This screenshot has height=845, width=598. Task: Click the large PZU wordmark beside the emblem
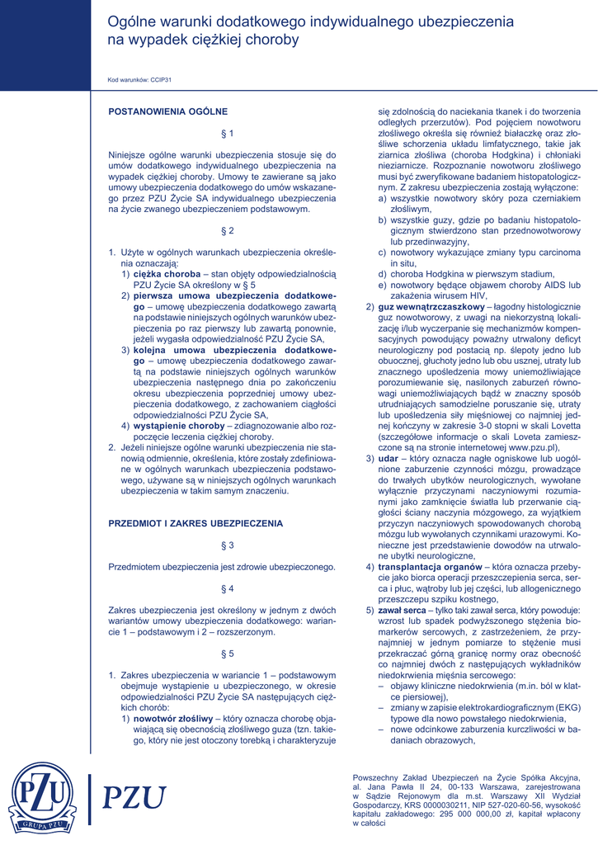pyautogui.click(x=133, y=799)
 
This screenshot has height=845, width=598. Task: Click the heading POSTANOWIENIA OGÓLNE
pyautogui.click(x=168, y=111)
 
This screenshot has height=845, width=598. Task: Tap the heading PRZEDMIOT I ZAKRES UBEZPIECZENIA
pyautogui.click(x=195, y=523)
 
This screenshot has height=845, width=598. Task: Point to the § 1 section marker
pyautogui.click(x=228, y=133)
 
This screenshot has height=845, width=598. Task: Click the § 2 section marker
pyautogui.click(x=228, y=230)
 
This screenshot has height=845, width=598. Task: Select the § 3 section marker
pyautogui.click(x=228, y=545)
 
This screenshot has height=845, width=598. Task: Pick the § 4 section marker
pyautogui.click(x=228, y=588)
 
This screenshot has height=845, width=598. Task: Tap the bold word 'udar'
pyautogui.click(x=388, y=458)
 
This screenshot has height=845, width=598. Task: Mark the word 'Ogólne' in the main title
pyautogui.click(x=134, y=20)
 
